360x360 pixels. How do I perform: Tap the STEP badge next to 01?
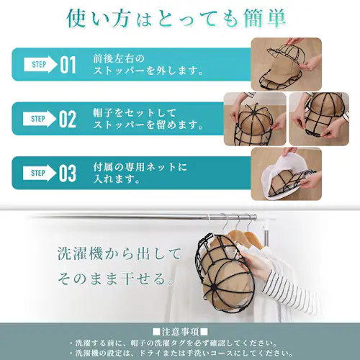click(40, 65)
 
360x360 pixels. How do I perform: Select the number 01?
click(68, 66)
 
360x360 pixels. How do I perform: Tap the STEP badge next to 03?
click(40, 174)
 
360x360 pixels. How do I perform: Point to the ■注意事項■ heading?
click(180, 330)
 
